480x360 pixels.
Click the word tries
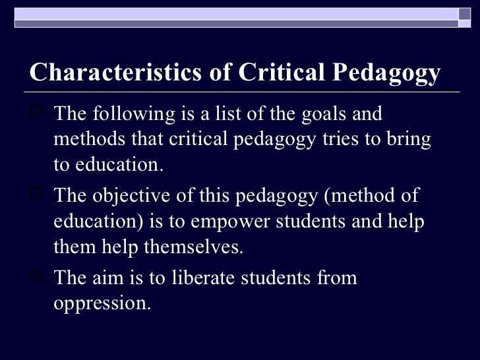(320, 140)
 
